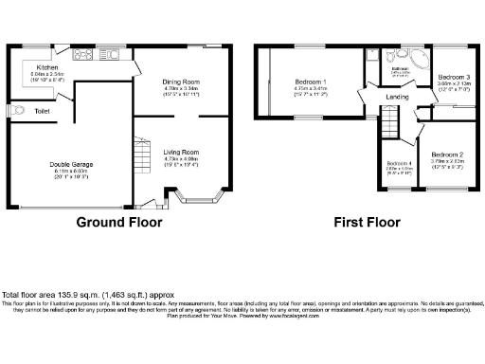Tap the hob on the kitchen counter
(x=81, y=55)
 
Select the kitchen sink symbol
(x=111, y=55)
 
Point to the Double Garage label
(x=70, y=163)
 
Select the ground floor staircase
(x=141, y=152)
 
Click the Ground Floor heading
(x=119, y=223)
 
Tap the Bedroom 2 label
(x=446, y=154)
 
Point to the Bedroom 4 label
(x=399, y=162)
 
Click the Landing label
(x=397, y=97)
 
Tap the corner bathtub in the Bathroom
(x=419, y=58)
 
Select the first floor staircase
(x=387, y=119)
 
